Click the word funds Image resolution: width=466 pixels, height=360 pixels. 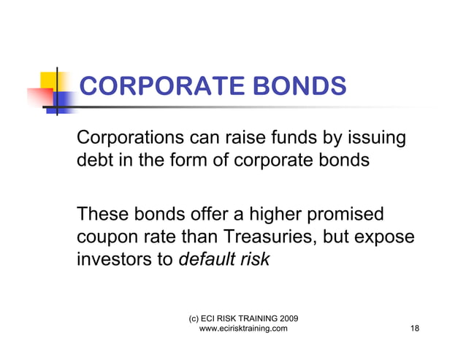(x=300, y=138)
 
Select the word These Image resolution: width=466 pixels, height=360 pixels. (x=103, y=215)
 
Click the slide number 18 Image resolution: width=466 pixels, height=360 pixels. (x=414, y=329)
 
